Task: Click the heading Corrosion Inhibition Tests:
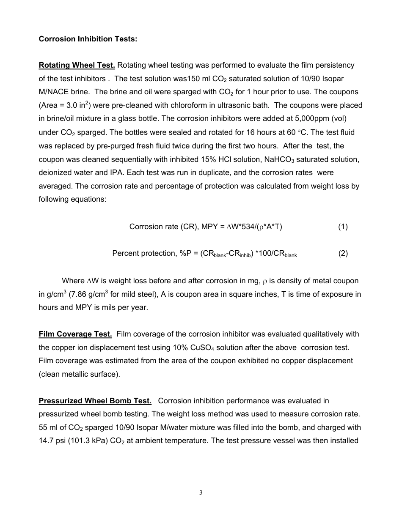pos(88,39)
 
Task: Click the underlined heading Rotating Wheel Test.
pos(77,65)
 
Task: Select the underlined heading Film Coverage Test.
pos(75,334)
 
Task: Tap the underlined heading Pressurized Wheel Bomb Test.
pos(95,401)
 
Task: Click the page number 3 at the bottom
pos(201,493)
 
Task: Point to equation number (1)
pos(343,227)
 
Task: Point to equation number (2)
pos(343,253)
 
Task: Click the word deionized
pos(55,172)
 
